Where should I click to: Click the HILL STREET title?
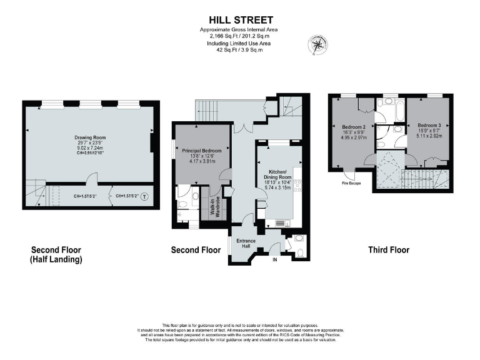pos(240,21)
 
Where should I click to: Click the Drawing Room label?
pos(89,137)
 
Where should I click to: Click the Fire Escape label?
pos(351,183)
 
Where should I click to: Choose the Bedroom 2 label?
pos(354,127)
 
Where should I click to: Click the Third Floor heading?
pos(389,250)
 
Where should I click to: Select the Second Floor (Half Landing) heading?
pos(56,254)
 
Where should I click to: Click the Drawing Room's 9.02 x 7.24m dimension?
pos(89,149)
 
